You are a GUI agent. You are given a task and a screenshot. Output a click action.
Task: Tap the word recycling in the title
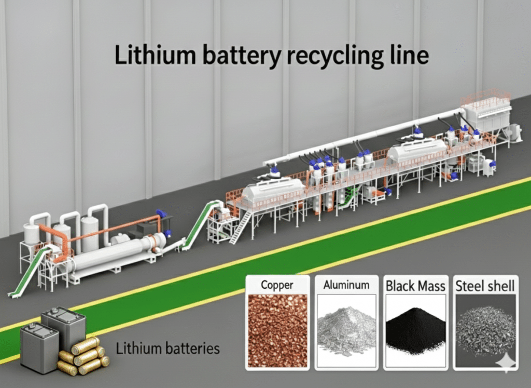click(326, 56)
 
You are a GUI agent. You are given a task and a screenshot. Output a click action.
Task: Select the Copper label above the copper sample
click(277, 285)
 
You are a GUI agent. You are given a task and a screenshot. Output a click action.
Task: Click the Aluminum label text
click(346, 285)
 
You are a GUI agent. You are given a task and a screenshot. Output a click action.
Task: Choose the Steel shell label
click(485, 285)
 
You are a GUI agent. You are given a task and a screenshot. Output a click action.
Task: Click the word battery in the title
click(233, 56)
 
